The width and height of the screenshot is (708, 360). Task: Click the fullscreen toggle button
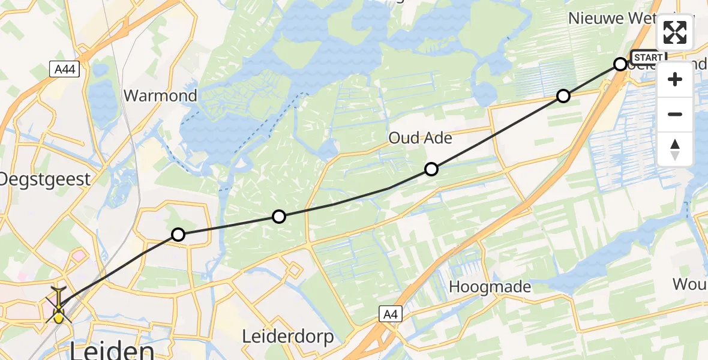tap(675, 32)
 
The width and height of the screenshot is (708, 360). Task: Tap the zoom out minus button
tap(675, 114)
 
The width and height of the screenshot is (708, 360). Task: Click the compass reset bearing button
tap(675, 149)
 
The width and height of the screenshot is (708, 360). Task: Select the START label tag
tap(648, 58)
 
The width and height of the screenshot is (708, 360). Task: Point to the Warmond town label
tap(160, 96)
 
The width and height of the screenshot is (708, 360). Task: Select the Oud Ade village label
tap(420, 138)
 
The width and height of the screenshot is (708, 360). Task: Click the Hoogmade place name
tap(490, 287)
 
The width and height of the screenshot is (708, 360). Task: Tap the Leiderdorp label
tap(288, 337)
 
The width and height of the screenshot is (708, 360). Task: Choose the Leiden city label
tap(112, 350)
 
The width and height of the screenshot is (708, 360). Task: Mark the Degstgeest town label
tap(45, 179)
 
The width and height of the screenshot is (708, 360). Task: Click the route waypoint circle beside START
tap(620, 64)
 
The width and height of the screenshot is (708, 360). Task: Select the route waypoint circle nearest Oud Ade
tap(431, 169)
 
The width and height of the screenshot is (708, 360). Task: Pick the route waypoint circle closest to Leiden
tap(178, 235)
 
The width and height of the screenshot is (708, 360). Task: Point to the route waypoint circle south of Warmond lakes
tap(279, 217)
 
